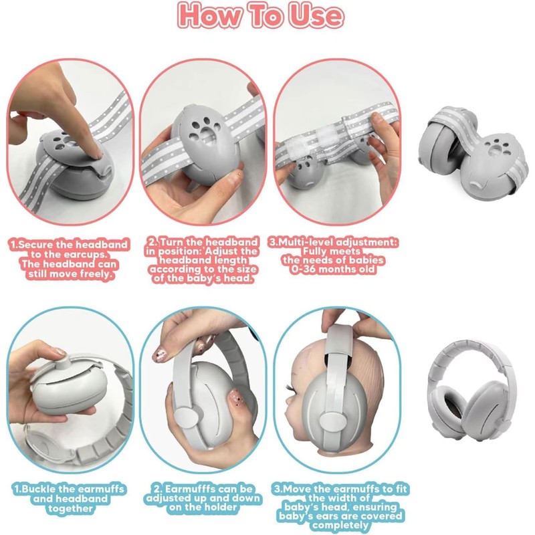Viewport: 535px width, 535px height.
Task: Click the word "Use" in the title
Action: click(x=316, y=15)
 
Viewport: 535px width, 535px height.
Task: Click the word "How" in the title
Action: click(x=208, y=15)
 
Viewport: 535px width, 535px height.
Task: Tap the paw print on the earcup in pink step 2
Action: click(x=204, y=129)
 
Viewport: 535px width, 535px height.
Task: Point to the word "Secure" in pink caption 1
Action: click(x=36, y=245)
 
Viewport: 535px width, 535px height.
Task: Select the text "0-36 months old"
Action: click(x=332, y=270)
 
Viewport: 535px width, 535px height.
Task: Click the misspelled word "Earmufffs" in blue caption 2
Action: click(x=191, y=489)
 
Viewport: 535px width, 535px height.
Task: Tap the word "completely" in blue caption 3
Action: click(x=340, y=526)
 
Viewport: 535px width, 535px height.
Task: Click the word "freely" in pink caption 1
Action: click(x=96, y=274)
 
